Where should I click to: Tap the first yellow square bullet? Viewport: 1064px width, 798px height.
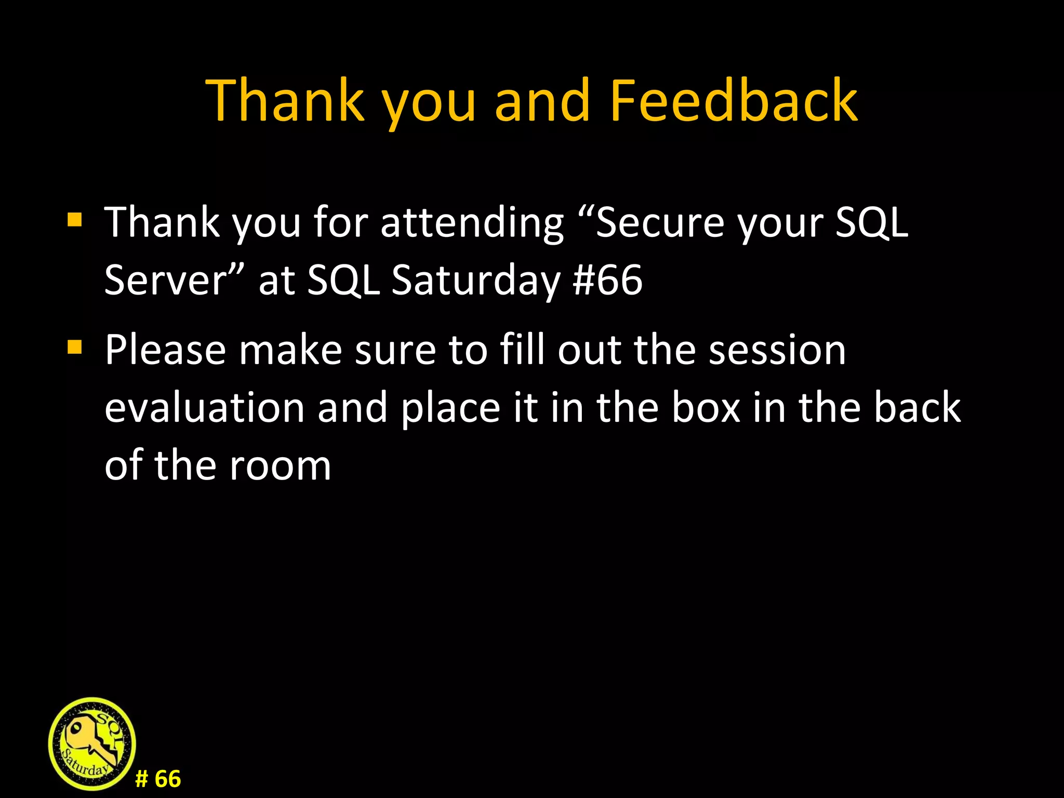[75, 220]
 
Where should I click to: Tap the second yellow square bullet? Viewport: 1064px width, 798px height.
[75, 347]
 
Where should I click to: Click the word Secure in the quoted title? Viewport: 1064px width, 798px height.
[660, 222]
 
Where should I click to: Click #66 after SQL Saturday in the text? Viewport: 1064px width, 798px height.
[607, 280]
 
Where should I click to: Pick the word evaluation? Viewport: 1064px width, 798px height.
[204, 407]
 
